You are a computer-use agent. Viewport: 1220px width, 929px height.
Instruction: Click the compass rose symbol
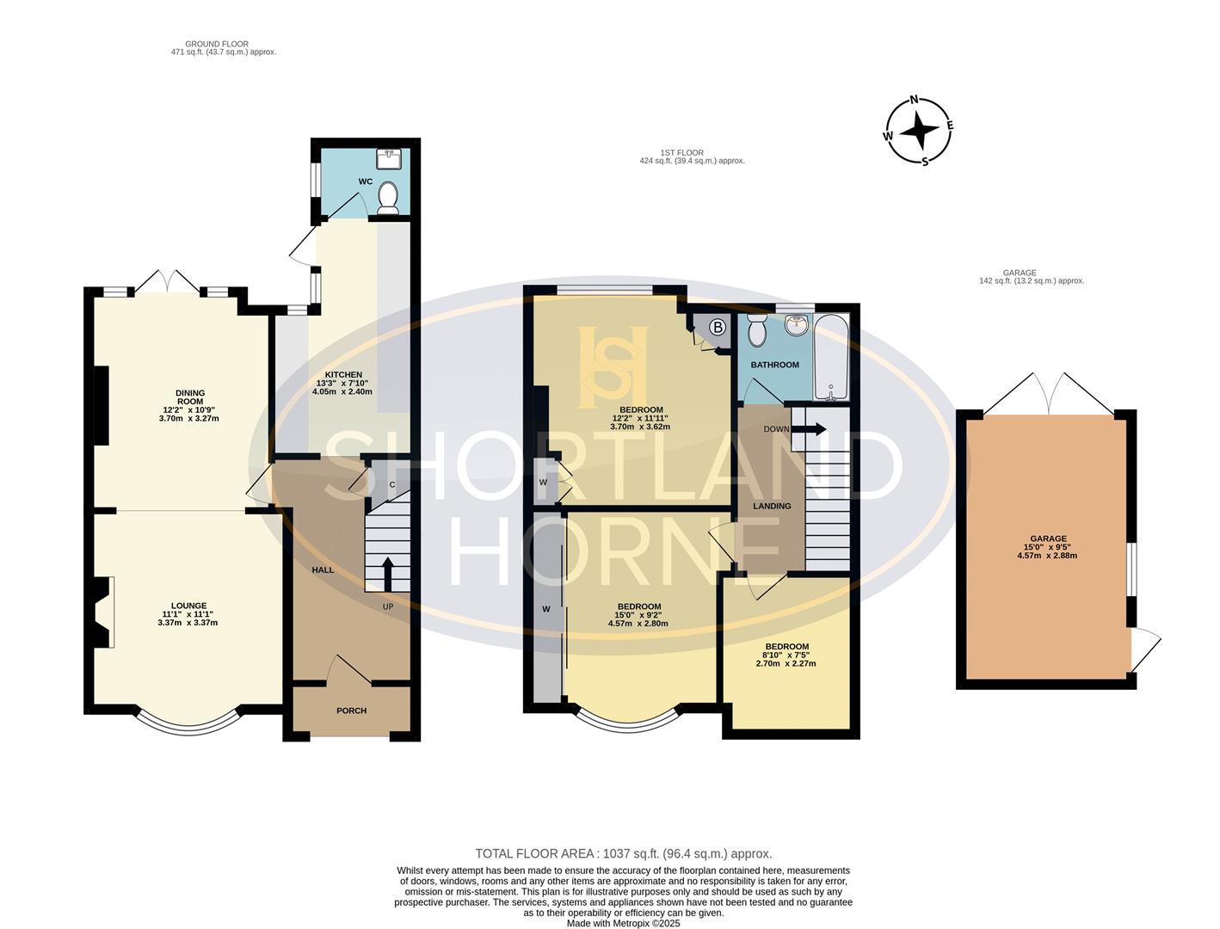[920, 132]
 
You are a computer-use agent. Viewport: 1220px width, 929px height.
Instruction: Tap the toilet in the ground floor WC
[388, 197]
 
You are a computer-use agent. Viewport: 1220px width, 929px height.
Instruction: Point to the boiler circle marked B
[718, 328]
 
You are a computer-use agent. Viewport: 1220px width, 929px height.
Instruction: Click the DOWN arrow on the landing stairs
[813, 428]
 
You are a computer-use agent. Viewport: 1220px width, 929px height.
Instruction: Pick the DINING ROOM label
[189, 398]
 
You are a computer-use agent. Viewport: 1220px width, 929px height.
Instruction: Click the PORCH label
[351, 711]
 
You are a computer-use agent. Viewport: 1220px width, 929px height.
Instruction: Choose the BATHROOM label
[774, 365]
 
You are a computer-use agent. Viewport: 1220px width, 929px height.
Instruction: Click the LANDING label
[772, 506]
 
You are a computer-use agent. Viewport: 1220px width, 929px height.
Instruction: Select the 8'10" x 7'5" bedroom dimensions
[786, 663]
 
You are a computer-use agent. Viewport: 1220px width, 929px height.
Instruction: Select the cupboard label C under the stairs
[392, 484]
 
